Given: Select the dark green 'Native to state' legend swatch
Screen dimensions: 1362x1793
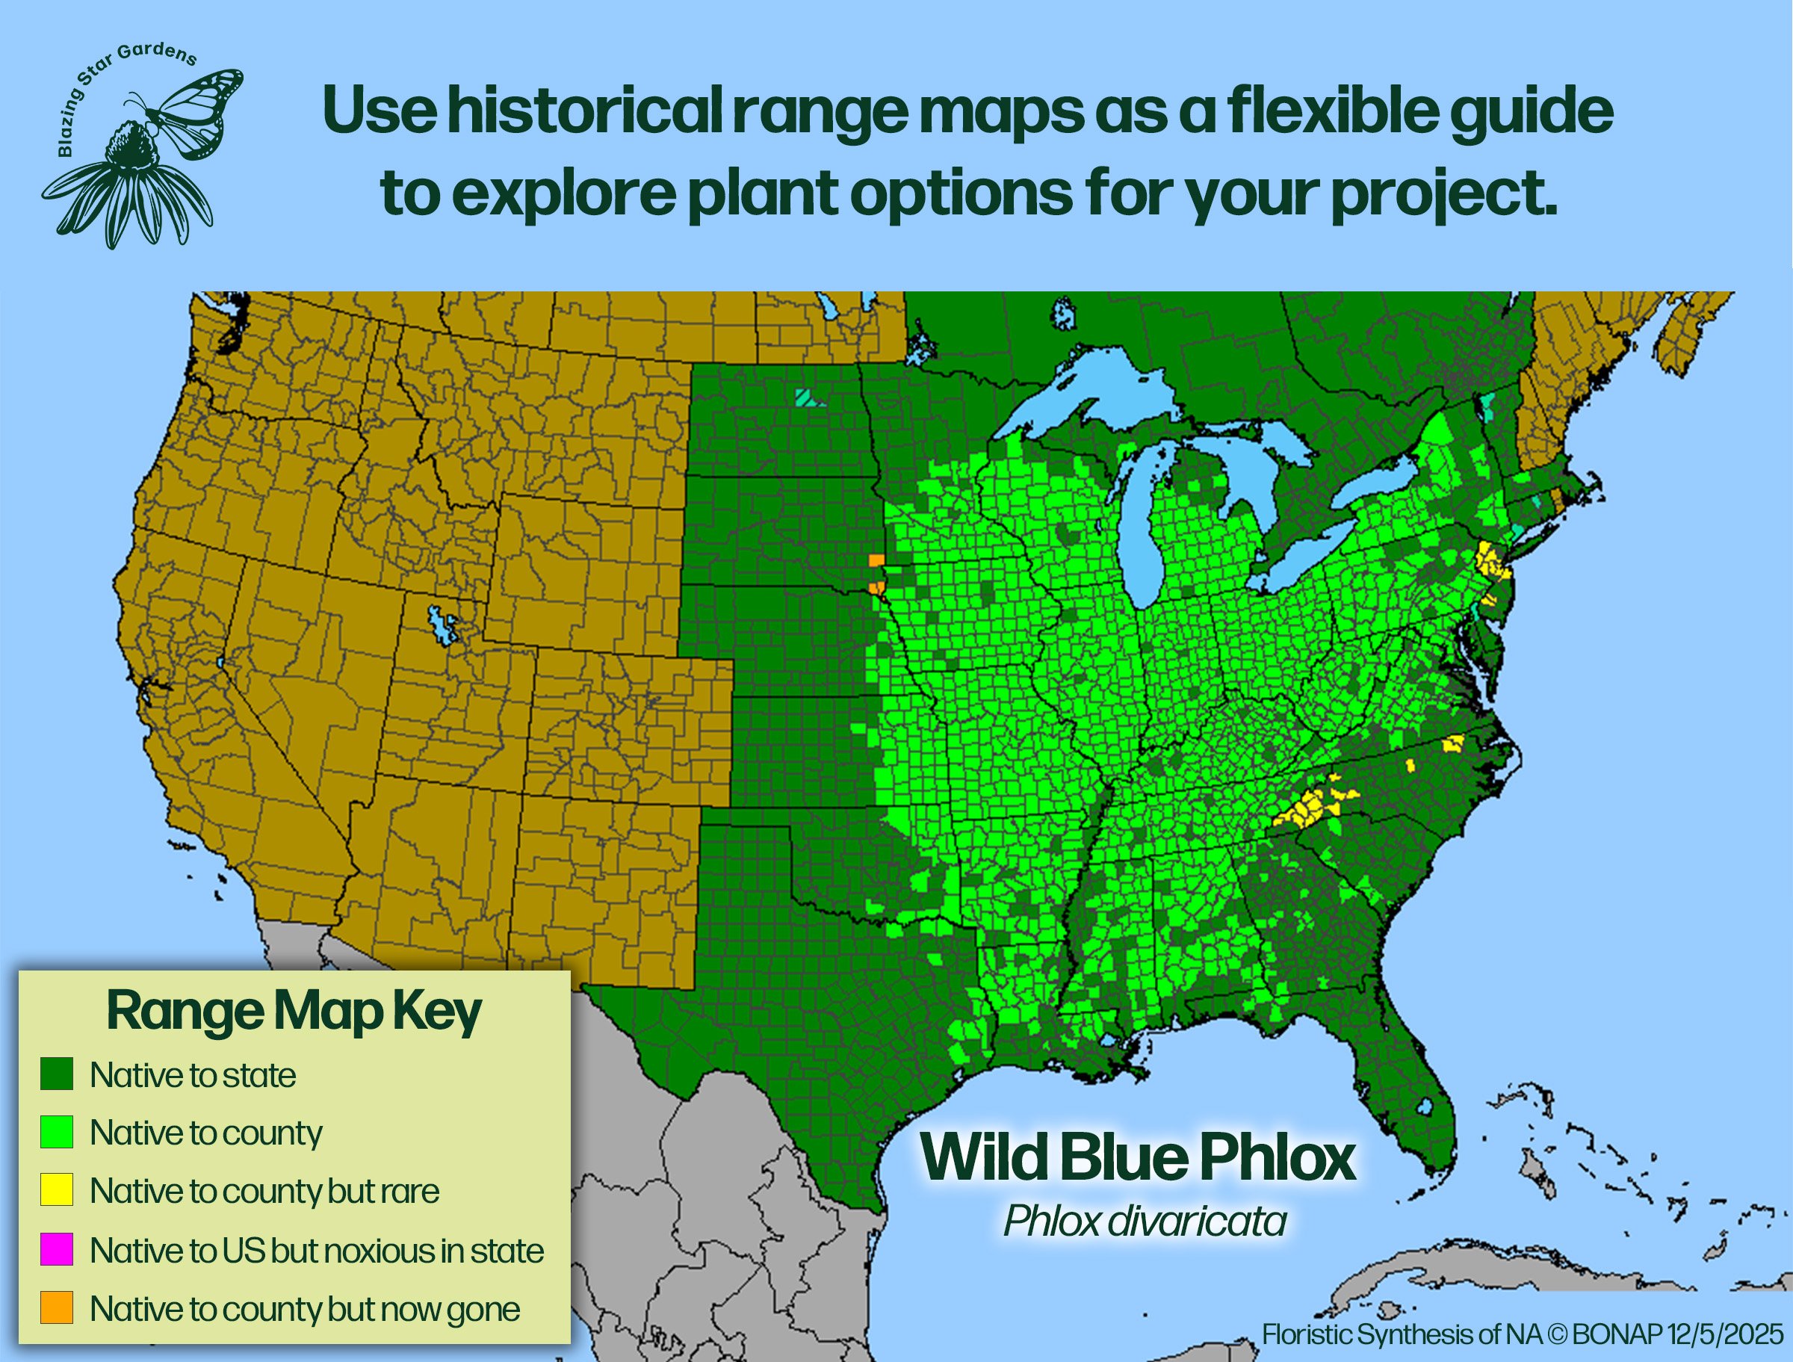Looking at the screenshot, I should pos(57,1074).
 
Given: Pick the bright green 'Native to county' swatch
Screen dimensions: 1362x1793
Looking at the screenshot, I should pos(57,1132).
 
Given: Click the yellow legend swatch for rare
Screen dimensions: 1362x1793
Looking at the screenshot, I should pos(57,1189).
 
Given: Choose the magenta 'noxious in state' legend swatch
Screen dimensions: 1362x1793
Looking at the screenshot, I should pos(57,1249).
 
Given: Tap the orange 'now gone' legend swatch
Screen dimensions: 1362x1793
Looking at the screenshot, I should pos(57,1307).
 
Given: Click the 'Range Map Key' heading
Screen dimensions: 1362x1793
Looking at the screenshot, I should pos(294,1010).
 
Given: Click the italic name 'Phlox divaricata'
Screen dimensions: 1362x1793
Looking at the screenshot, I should pos(1144,1220).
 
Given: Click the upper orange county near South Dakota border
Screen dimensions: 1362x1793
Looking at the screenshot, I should pos(876,560).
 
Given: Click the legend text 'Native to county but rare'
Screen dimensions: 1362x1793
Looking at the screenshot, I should pos(264,1190).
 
